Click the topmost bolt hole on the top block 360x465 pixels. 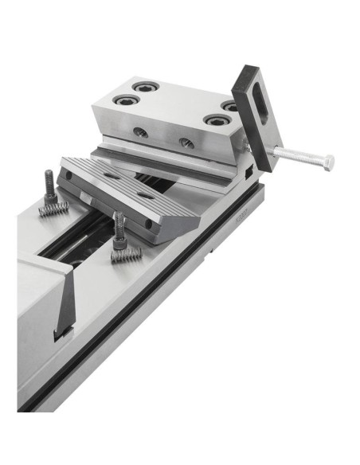pos(143,86)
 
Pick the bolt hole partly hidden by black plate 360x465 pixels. pos(229,105)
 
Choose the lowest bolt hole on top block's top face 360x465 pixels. pos(214,120)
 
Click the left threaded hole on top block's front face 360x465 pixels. pos(140,131)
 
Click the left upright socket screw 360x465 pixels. pos(49,186)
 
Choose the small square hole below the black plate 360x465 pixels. pos(249,171)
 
